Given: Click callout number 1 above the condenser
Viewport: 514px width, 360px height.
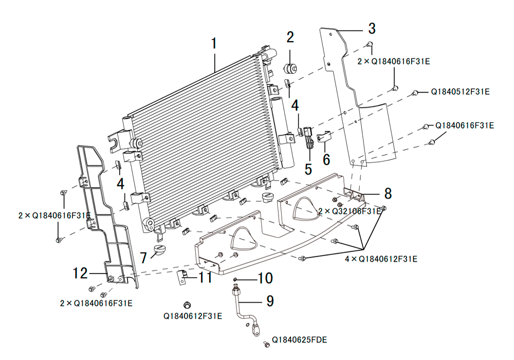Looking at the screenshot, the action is pyautogui.click(x=214, y=44).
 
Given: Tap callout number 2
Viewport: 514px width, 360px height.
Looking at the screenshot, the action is pyautogui.click(x=290, y=38).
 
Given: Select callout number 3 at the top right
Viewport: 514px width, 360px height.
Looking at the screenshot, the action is pyautogui.click(x=372, y=28).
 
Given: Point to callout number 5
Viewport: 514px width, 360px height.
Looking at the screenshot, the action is pyautogui.click(x=308, y=169).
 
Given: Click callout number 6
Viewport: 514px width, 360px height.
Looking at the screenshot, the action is pyautogui.click(x=326, y=159).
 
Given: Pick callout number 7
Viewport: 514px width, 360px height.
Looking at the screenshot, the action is pyautogui.click(x=143, y=258).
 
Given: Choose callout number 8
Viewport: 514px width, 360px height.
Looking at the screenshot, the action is pyautogui.click(x=388, y=193).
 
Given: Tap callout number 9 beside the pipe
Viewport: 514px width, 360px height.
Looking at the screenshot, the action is pyautogui.click(x=270, y=301).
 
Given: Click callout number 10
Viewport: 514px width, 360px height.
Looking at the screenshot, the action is pyautogui.click(x=265, y=278).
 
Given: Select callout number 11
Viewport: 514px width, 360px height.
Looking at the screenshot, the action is pyautogui.click(x=206, y=278).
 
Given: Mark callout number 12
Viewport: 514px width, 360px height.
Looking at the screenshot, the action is pyautogui.click(x=80, y=273).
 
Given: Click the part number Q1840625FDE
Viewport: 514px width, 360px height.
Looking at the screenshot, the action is pyautogui.click(x=299, y=339).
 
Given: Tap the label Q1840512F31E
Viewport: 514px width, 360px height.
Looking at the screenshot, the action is pyautogui.click(x=460, y=92).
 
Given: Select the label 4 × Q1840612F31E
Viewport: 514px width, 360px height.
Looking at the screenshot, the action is pyautogui.click(x=381, y=259).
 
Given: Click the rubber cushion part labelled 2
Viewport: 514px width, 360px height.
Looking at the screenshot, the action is pyautogui.click(x=290, y=68).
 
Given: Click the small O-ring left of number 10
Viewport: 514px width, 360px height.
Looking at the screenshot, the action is pyautogui.click(x=235, y=279).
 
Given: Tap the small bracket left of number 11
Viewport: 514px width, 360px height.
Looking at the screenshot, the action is pyautogui.click(x=181, y=277).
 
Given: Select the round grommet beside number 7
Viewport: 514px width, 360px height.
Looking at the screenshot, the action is pyautogui.click(x=160, y=249).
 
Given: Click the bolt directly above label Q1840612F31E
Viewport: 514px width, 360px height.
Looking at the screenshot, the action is pyautogui.click(x=188, y=305).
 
